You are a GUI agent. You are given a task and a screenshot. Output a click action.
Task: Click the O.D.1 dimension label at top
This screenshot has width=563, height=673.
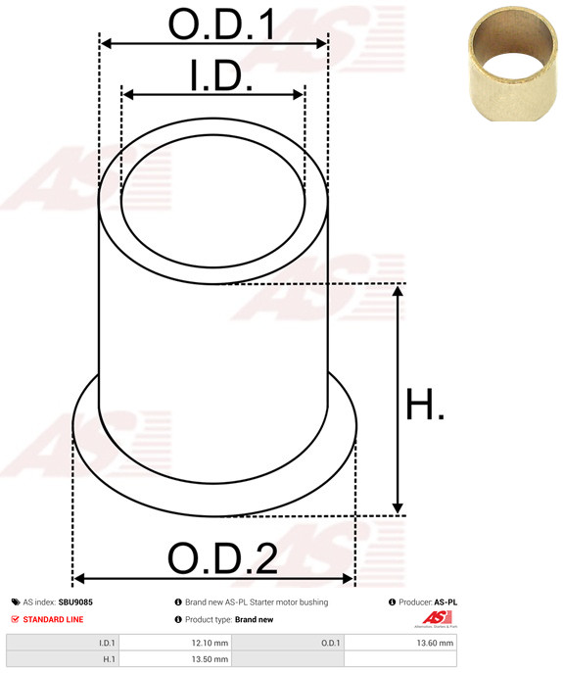tap(221, 24)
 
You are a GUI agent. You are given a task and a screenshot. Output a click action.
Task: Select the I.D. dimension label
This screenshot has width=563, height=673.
tap(220, 76)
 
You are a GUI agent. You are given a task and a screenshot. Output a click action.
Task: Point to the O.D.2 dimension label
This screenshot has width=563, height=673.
tap(222, 558)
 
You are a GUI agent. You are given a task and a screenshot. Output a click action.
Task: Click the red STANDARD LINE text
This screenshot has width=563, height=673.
tap(54, 619)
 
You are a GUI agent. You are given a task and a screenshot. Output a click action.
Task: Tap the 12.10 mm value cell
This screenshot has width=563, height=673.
tap(211, 643)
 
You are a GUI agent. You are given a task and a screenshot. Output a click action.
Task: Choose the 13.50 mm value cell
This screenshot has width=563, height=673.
tap(211, 660)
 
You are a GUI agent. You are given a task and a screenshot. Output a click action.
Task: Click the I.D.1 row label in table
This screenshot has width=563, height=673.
tap(106, 643)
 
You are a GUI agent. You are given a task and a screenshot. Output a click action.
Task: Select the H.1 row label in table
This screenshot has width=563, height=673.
tap(108, 660)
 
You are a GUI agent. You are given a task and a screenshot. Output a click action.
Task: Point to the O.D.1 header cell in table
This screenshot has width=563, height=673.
tap(330, 643)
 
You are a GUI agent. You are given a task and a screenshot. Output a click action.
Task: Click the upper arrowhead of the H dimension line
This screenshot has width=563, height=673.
tap(398, 292)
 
